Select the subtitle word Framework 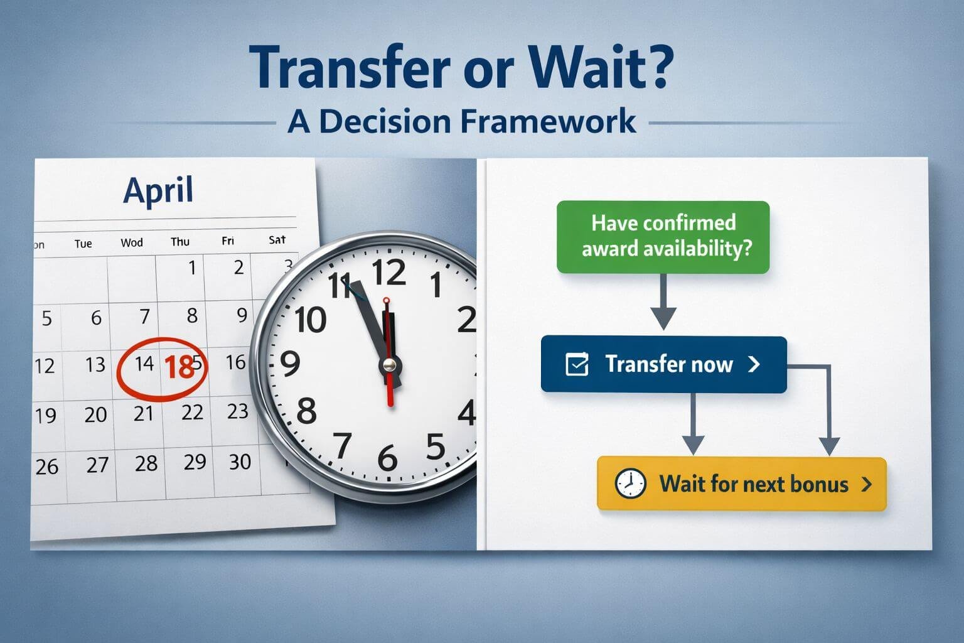[x=548, y=121]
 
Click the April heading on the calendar [x=158, y=190]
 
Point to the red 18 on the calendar [x=178, y=367]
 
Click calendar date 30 [x=240, y=462]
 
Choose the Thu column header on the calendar [x=180, y=242]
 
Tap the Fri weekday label [x=228, y=241]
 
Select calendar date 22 [x=192, y=413]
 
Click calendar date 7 [x=144, y=316]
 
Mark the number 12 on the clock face [x=388, y=273]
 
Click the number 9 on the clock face [x=289, y=364]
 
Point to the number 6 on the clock [x=387, y=459]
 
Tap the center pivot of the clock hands [x=390, y=364]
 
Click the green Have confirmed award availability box [x=663, y=237]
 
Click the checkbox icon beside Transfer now [x=577, y=365]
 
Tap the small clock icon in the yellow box [x=629, y=484]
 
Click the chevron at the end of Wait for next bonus [x=867, y=484]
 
